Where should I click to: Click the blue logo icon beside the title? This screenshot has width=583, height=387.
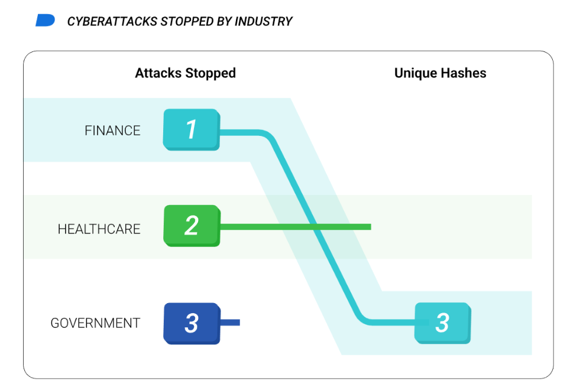[45, 21]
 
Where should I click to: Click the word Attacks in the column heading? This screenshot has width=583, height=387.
[158, 73]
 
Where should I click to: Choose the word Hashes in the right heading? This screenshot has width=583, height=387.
[467, 73]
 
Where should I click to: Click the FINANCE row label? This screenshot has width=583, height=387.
[112, 131]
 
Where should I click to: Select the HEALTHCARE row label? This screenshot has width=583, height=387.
[99, 229]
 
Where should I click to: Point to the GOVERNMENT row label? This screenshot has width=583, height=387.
[95, 323]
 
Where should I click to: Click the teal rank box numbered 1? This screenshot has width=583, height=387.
[191, 129]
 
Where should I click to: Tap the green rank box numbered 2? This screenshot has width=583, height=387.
[191, 225]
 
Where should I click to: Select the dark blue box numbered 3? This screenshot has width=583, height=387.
[191, 323]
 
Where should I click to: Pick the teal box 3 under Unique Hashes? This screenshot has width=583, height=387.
[442, 323]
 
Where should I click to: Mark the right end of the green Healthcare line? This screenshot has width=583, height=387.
[370, 227]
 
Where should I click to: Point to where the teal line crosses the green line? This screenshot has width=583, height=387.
[318, 227]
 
